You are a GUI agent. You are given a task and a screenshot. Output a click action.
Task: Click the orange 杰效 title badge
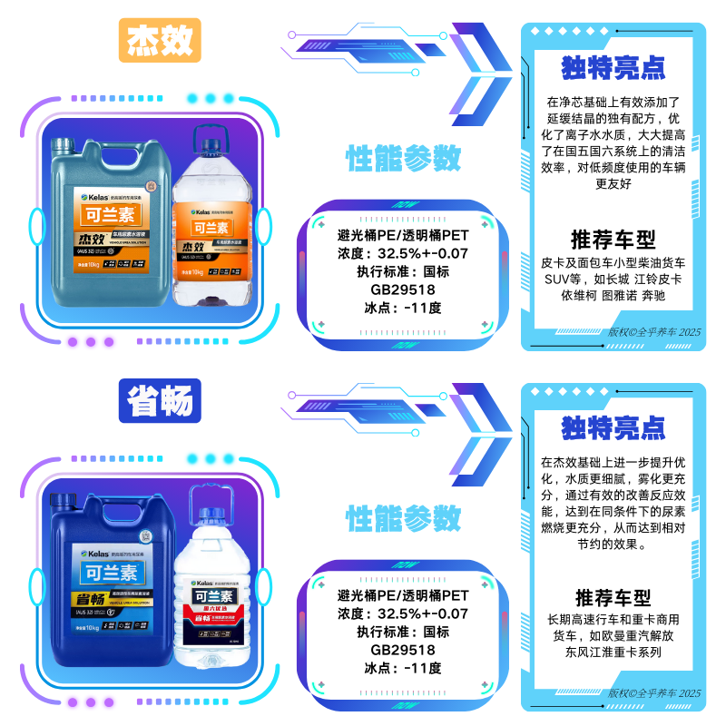click(160, 40)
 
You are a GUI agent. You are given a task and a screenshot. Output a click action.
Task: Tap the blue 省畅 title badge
click(160, 400)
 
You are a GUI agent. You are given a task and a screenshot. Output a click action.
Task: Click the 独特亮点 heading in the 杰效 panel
click(613, 67)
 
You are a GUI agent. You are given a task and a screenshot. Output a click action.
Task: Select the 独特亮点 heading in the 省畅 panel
click(613, 427)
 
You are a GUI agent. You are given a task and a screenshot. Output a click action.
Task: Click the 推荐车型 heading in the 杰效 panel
click(613, 240)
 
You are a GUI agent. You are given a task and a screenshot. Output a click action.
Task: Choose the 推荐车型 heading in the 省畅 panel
click(613, 598)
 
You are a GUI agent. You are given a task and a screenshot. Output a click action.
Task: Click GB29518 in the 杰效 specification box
click(402, 289)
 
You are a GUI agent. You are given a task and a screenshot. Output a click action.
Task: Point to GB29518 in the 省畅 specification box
click(402, 650)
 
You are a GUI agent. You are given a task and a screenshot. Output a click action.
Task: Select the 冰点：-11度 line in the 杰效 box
click(402, 308)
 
